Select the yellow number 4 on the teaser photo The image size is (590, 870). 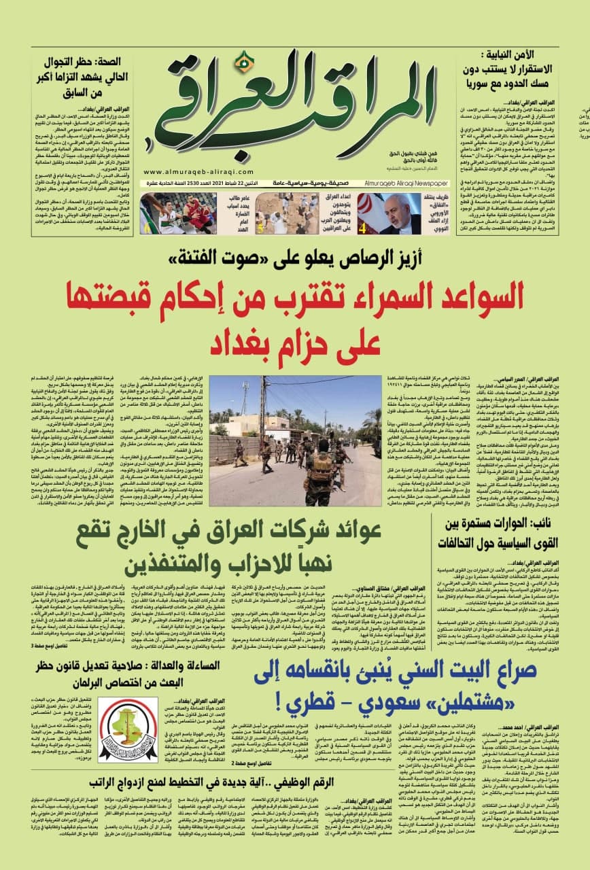pos(363,228)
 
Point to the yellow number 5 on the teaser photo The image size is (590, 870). pos(259,228)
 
